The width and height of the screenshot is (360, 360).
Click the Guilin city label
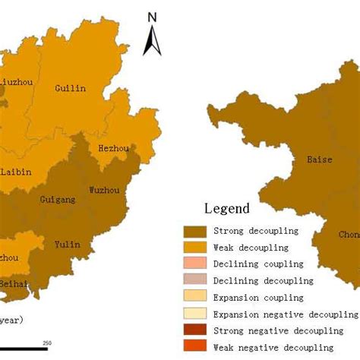click(71, 88)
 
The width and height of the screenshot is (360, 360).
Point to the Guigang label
click(58, 200)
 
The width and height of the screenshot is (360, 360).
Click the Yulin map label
click(67, 245)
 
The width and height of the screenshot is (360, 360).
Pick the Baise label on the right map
click(319, 160)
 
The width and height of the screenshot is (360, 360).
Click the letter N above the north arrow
click(152, 17)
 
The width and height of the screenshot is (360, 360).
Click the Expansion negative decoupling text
click(284, 314)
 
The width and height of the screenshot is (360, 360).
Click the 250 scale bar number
click(47, 345)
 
